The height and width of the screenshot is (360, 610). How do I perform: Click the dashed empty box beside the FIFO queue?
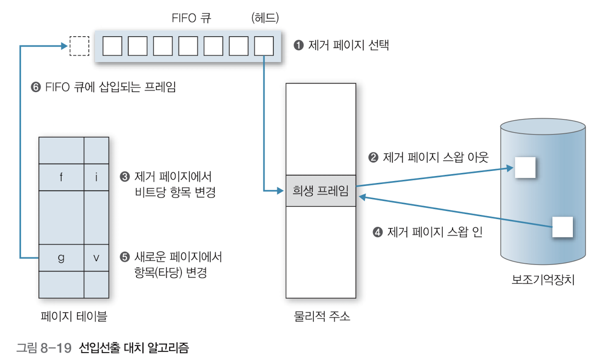point(79,46)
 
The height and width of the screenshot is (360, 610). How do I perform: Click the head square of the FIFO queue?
point(264,46)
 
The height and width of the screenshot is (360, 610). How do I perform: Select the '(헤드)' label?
point(264,18)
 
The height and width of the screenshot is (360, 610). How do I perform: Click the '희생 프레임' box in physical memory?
point(320,190)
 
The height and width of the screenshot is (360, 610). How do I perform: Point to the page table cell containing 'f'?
point(61,177)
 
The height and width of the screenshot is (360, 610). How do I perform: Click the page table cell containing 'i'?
point(96,177)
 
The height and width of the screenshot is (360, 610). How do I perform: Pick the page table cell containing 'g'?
point(61,258)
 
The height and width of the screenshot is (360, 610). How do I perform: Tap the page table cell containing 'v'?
point(96,258)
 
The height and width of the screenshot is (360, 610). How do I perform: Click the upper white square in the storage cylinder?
point(525,167)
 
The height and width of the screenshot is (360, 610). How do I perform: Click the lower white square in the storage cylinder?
point(562,227)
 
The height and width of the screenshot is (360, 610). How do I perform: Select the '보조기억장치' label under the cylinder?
point(543,279)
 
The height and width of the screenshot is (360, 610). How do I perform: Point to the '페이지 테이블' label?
point(73,316)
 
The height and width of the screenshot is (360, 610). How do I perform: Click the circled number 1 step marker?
point(298,46)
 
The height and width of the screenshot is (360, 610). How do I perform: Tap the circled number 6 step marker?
point(36,87)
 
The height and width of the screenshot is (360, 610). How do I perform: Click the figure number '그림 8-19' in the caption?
point(44,347)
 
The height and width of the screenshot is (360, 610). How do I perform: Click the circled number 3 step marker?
point(125,177)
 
